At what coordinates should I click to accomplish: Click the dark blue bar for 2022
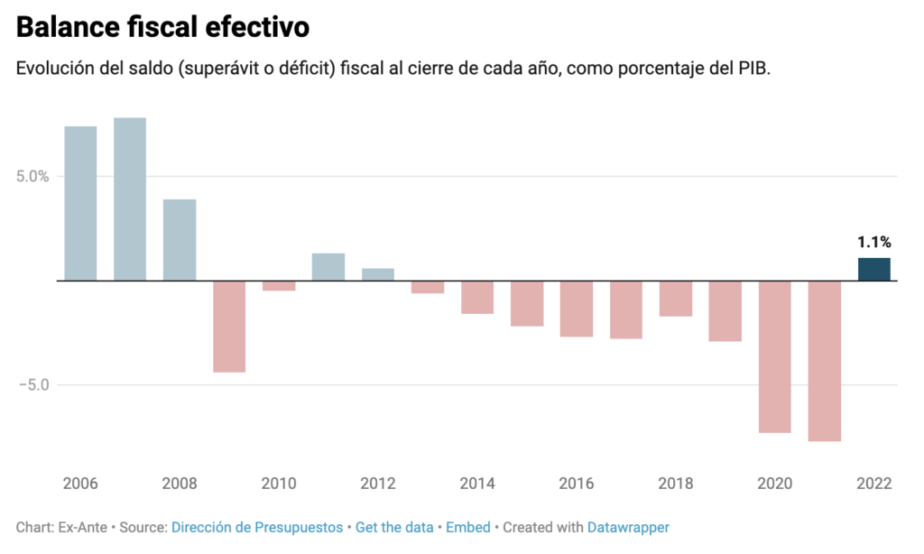tap(873, 269)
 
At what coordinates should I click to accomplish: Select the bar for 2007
tap(130, 199)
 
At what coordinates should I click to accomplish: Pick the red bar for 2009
tap(229, 326)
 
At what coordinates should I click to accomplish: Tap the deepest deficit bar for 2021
tap(824, 361)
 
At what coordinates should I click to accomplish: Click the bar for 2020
tap(774, 356)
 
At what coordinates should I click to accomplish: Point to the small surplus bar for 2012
tap(378, 274)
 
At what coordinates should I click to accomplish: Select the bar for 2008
tap(180, 240)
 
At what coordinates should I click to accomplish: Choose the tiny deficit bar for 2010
tap(279, 285)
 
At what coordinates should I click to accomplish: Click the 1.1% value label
tap(873, 242)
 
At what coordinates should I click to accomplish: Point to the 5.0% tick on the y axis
tap(32, 177)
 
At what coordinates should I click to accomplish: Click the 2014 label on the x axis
tap(477, 484)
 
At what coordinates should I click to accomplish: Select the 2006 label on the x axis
tap(80, 484)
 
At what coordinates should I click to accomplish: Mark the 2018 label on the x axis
tap(675, 484)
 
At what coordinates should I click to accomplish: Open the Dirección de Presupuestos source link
tap(257, 527)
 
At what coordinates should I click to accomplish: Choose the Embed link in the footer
tap(469, 527)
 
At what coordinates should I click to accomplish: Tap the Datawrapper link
tap(628, 527)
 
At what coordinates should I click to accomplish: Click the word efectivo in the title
tap(257, 28)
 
